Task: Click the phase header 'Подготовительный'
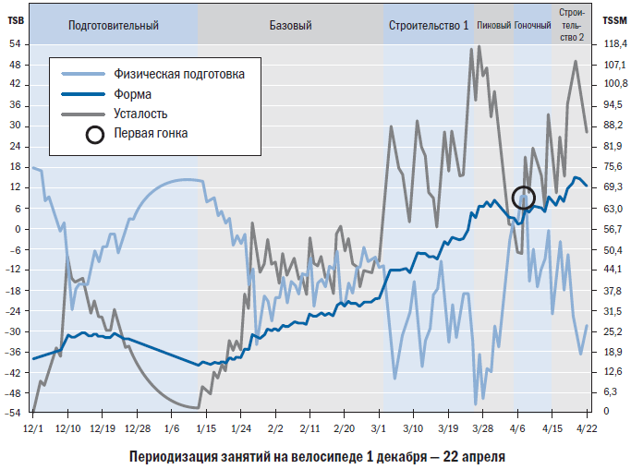pos(114,26)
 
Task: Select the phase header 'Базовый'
pos(290,26)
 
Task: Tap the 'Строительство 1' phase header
pos(429,26)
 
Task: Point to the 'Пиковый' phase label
pos(493,26)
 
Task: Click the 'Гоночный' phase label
pos(532,26)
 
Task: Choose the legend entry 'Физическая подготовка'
pos(178,74)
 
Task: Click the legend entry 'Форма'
pos(134,94)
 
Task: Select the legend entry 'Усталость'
pos(140,114)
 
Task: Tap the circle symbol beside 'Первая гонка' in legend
pos(94,134)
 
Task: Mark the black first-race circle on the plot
pos(524,197)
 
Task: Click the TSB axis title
pos(16,20)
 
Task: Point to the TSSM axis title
pos(613,20)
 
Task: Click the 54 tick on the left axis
pos(16,44)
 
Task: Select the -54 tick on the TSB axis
pos(14,413)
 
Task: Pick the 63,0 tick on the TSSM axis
pos(613,209)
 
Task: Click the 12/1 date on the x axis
pos(32,429)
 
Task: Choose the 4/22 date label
pos(586,429)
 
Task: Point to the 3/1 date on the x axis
pos(379,429)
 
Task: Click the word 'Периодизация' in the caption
pos(170,456)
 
